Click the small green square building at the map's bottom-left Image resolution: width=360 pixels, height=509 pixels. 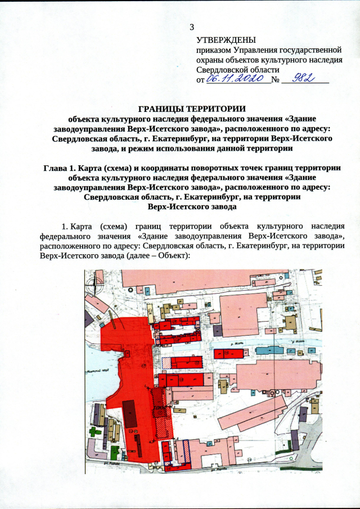[x=115, y=451]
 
